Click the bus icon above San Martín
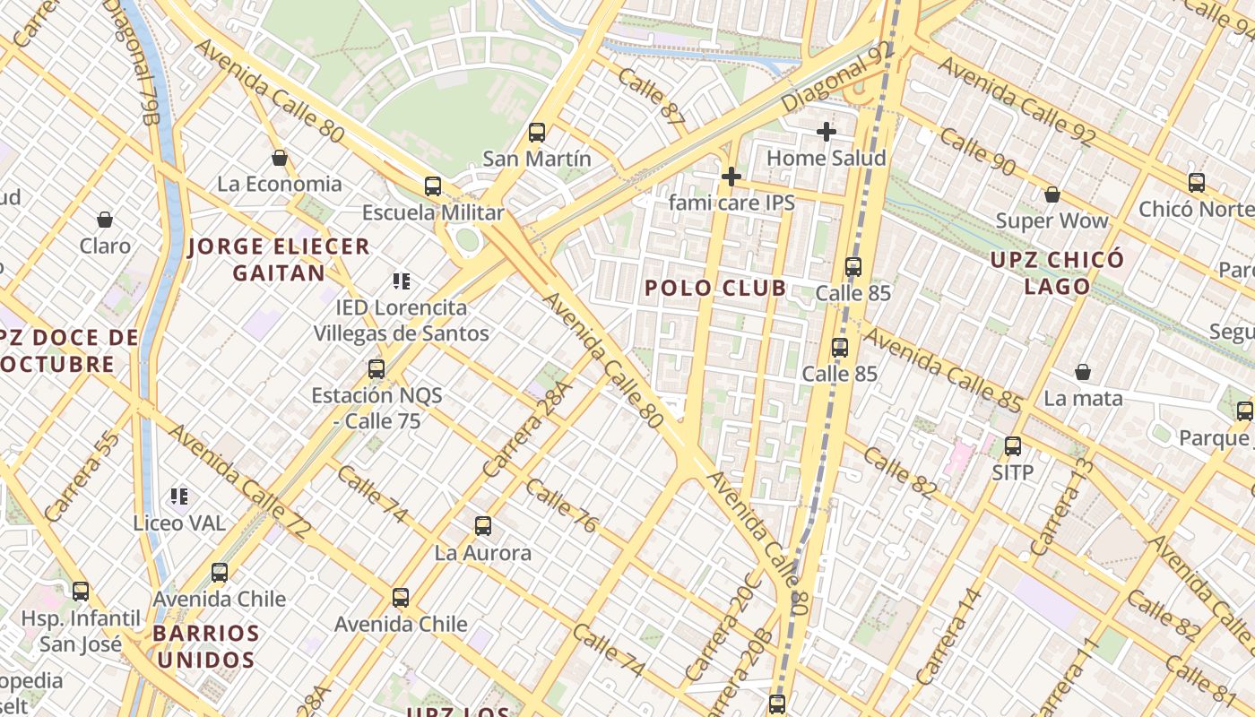coord(537,133)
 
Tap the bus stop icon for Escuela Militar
coord(433,186)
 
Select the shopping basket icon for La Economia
coord(280,158)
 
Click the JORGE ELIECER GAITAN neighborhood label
coord(279,260)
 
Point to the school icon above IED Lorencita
coord(402,281)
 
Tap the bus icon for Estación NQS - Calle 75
coord(376,369)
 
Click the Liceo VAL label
coord(179,523)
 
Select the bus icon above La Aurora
coord(483,526)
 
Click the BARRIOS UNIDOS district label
coord(205,646)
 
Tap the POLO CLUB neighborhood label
coord(715,288)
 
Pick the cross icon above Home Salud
coord(827,132)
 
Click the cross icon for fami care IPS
coord(731,177)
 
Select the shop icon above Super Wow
coord(1052,194)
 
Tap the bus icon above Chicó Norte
coord(1197,183)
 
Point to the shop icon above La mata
coord(1083,372)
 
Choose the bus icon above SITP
coord(1013,445)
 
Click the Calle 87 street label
coord(651,95)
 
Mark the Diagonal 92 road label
coord(839,79)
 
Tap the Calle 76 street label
coord(561,506)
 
